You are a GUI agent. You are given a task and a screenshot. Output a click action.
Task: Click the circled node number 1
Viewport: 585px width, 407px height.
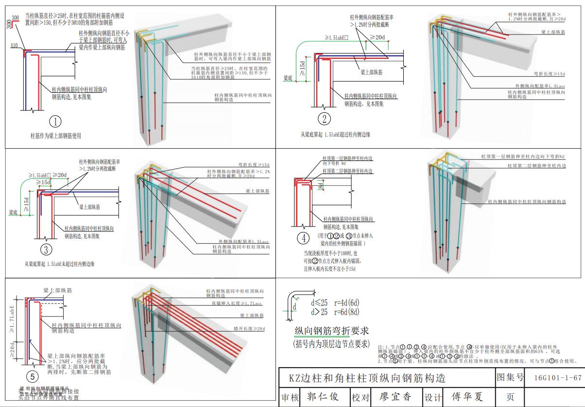click(x=56, y=121)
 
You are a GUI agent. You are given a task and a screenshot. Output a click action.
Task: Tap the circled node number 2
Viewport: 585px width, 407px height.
click(x=324, y=118)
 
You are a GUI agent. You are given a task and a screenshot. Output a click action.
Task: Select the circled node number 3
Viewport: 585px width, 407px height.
click(x=46, y=249)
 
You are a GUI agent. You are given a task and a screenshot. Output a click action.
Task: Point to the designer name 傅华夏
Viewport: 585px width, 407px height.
click(x=468, y=397)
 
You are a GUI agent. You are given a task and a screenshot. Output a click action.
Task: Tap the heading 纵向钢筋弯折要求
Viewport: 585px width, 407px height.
click(x=332, y=331)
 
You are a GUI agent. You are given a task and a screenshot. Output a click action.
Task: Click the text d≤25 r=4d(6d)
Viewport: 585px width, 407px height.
click(x=335, y=302)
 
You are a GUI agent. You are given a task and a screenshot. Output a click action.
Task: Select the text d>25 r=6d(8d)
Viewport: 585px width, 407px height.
click(x=335, y=312)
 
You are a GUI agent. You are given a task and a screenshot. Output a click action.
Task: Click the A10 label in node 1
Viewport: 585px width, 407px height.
click(x=15, y=45)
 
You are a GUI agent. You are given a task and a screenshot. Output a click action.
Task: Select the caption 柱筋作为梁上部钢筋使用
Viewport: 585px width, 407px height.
click(x=55, y=136)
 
